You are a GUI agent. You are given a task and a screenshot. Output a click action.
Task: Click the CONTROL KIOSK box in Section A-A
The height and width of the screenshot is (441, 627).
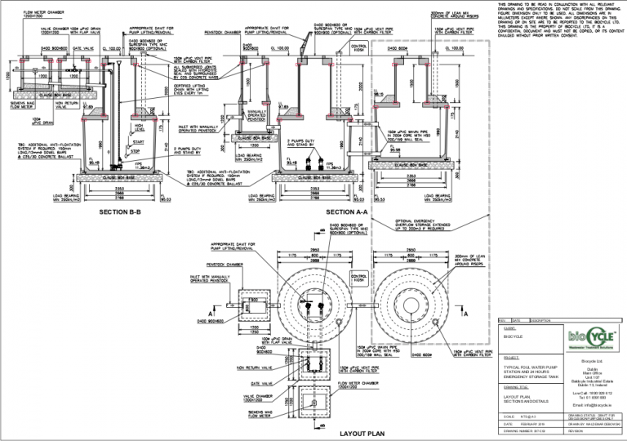pos(358,47)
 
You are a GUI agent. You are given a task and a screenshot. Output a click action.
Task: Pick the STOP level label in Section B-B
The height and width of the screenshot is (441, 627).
pos(138,151)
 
